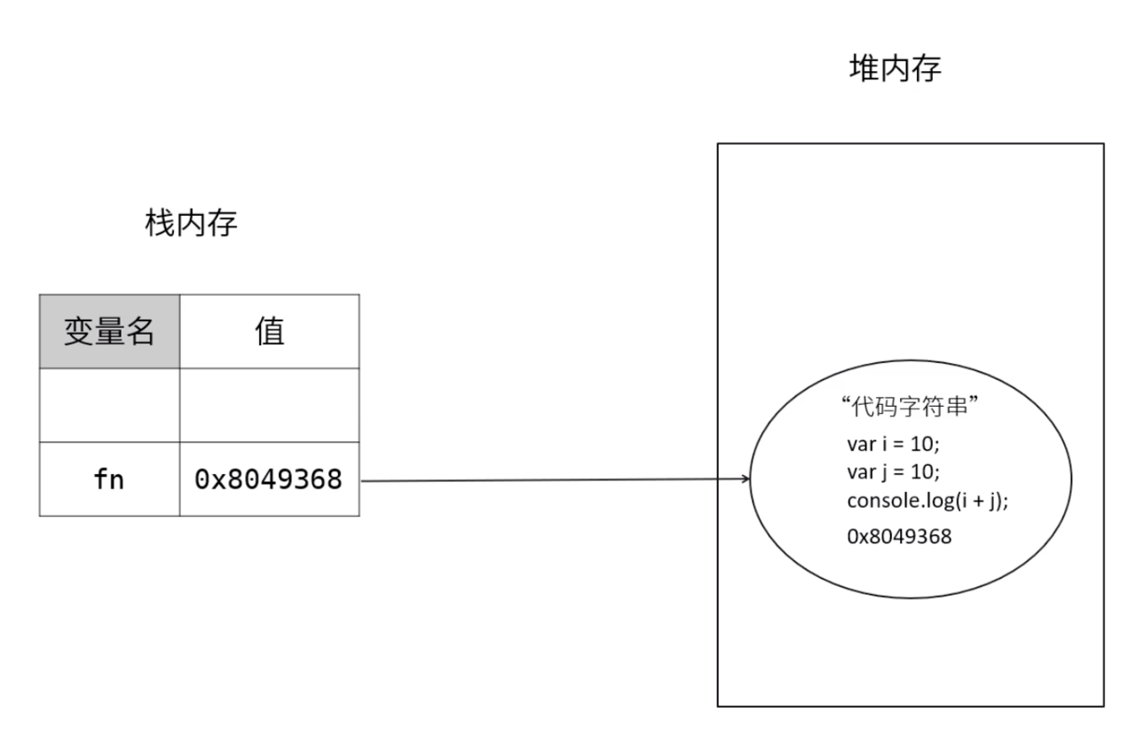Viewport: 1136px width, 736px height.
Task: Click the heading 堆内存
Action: coord(895,68)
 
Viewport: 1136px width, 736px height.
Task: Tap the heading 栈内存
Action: coord(192,224)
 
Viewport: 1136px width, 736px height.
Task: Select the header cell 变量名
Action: coord(109,331)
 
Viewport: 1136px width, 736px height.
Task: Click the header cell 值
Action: coord(269,331)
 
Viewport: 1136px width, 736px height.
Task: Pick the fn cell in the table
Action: coord(109,479)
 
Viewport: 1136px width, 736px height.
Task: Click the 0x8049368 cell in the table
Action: coord(269,479)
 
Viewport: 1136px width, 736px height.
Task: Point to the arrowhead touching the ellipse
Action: coord(745,480)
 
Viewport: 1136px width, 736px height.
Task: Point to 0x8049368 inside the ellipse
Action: coord(900,536)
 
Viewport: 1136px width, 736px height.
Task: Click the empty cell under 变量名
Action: coord(109,405)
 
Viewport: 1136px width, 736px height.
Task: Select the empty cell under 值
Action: coord(269,405)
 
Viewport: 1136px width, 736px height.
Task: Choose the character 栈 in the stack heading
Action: coord(161,224)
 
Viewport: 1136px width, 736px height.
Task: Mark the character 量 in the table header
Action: coord(109,331)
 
